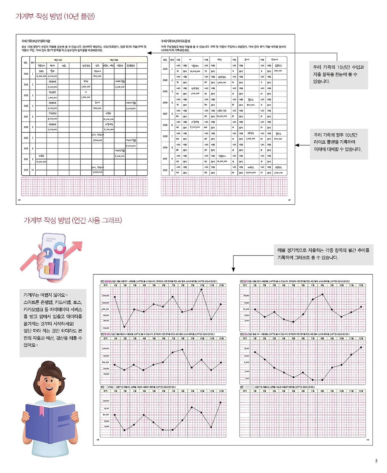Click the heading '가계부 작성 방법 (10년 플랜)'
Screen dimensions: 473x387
coord(55,16)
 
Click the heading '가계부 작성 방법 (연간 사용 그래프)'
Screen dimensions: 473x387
coord(73,220)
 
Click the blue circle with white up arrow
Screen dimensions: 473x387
coord(48,252)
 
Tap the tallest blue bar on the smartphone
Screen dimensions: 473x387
coord(57,266)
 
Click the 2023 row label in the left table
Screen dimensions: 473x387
coord(26,74)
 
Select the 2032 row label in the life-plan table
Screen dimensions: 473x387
coord(165,170)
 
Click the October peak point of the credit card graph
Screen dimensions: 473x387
coord(202,289)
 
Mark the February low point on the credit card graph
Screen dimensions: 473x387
coord(125,327)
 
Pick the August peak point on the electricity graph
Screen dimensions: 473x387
coord(322,294)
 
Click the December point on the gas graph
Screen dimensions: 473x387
coord(361,347)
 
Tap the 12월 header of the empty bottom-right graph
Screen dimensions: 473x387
coord(361,391)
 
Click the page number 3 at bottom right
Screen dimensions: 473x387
coord(376,461)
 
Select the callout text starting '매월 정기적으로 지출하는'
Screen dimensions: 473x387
coord(323,254)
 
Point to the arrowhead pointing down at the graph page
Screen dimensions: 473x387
coord(233,269)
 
